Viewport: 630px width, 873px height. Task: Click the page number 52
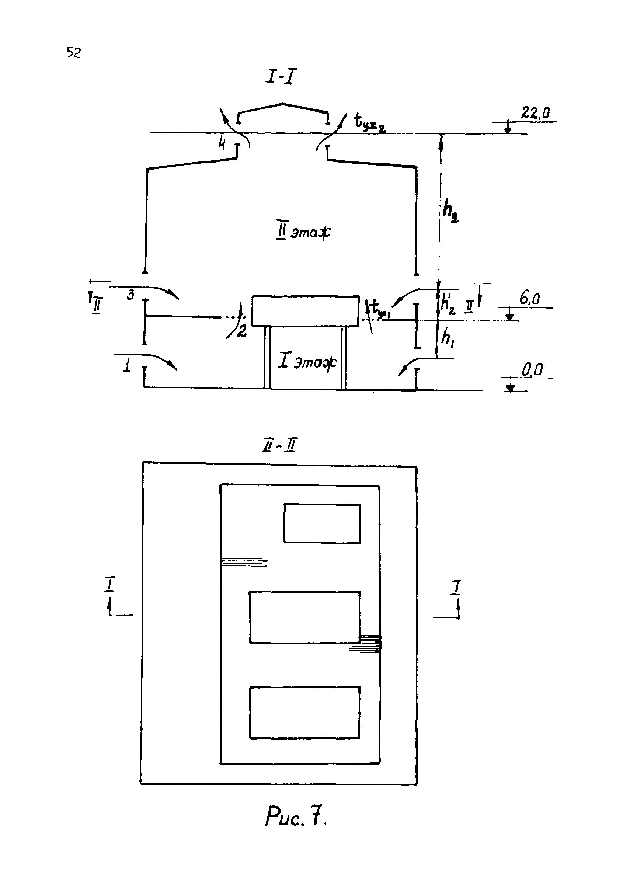(73, 52)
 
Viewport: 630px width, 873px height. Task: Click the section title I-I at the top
(281, 77)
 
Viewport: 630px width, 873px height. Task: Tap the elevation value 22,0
(535, 112)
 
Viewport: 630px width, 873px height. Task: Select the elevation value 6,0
(530, 299)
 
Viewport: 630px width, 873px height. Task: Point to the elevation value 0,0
(532, 370)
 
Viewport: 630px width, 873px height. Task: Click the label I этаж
(307, 361)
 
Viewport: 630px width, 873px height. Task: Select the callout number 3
(131, 295)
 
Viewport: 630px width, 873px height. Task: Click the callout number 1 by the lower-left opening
(126, 366)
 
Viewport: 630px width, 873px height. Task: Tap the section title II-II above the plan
(279, 446)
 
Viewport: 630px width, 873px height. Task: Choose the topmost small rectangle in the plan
(322, 524)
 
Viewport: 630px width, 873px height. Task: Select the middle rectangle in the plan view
(304, 618)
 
